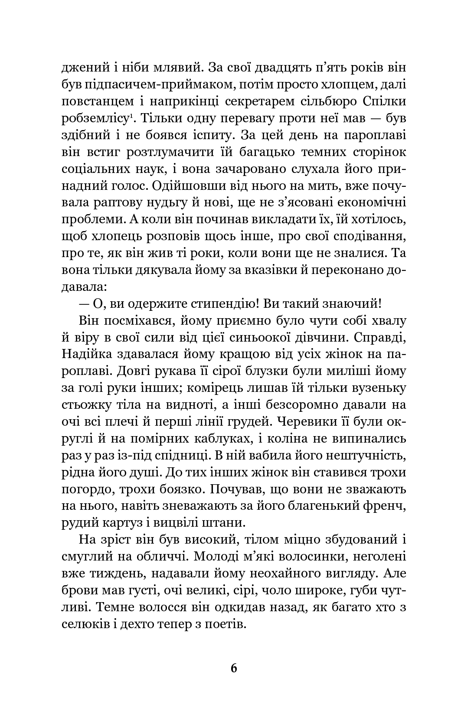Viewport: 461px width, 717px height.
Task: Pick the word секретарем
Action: click(251, 101)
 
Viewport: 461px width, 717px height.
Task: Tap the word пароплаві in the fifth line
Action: click(375, 135)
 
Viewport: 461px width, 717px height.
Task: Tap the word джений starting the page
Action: click(86, 68)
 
